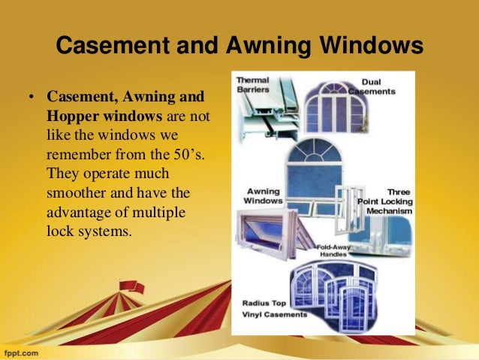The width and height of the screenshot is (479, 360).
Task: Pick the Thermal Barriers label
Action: click(x=253, y=84)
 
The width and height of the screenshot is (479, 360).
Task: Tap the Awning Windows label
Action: click(x=264, y=196)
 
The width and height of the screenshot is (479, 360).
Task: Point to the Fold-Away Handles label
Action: click(x=334, y=250)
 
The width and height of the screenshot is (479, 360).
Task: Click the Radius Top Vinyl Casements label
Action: click(x=274, y=309)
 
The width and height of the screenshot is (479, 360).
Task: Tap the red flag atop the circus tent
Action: click(x=132, y=286)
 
